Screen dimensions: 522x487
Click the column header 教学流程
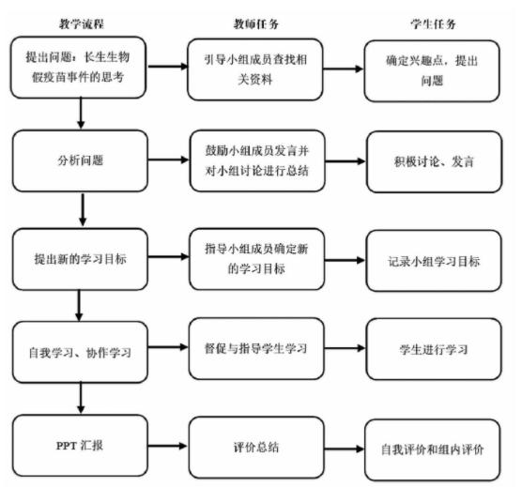pyautogui.click(x=82, y=24)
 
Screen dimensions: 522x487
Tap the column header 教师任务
pyautogui.click(x=255, y=24)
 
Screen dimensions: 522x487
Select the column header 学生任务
pyautogui.click(x=433, y=24)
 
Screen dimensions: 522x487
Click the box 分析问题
pyautogui.click(x=80, y=160)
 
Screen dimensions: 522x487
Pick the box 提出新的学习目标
pyautogui.click(x=80, y=259)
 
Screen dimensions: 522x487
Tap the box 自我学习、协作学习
pyautogui.click(x=80, y=352)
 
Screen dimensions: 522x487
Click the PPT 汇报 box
pyautogui.click(x=80, y=446)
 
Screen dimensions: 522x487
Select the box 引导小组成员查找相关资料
pyautogui.click(x=255, y=69)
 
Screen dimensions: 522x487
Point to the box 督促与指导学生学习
pyautogui.click(x=256, y=348)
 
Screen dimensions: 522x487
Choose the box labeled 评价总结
pyautogui.click(x=256, y=448)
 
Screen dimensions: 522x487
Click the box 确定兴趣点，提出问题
pyautogui.click(x=432, y=71)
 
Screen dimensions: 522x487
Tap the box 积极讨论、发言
pyautogui.click(x=434, y=161)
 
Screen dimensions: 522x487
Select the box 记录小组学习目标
pyautogui.click(x=434, y=261)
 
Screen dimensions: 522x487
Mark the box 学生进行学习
pyautogui.click(x=434, y=349)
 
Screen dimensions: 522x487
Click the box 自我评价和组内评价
pyautogui.click(x=433, y=450)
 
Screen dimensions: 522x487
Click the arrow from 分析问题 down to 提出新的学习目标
pyautogui.click(x=83, y=209)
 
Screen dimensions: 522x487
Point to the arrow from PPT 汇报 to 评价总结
pyautogui.click(x=168, y=446)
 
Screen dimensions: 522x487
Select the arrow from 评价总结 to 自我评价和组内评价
pyautogui.click(x=345, y=449)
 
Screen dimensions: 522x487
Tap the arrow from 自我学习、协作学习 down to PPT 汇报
pyautogui.click(x=81, y=398)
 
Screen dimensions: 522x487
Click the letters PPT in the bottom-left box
pyautogui.click(x=67, y=446)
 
